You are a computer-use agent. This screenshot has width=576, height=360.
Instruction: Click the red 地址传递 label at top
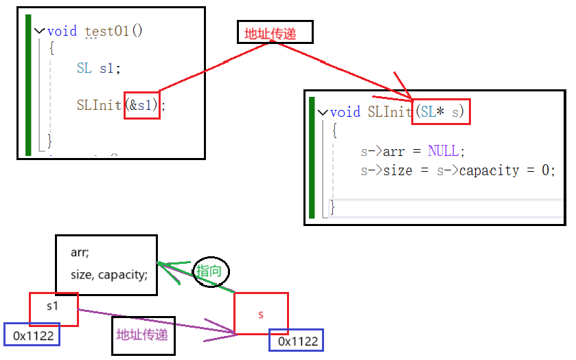(275, 32)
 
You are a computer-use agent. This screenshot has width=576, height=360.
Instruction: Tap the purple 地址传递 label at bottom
(143, 335)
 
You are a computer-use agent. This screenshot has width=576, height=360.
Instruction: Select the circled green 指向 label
(209, 271)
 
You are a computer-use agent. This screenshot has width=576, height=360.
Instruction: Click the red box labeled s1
(54, 308)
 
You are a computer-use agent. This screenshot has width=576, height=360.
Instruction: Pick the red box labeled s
(261, 314)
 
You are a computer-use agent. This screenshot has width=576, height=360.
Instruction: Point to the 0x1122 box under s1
(32, 335)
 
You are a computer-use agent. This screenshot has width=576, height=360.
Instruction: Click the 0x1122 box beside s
(295, 341)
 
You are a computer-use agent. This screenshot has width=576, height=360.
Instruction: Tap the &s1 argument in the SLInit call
(142, 105)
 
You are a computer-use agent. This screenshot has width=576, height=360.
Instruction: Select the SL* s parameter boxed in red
(441, 111)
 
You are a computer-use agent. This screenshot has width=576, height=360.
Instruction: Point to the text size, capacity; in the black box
(108, 275)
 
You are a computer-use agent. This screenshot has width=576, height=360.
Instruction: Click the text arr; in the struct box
(80, 252)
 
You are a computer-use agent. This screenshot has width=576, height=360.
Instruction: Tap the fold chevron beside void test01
(39, 31)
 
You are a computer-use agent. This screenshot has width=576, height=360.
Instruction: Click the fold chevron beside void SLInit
(322, 112)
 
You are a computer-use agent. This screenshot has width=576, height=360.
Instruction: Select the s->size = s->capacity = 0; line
(457, 170)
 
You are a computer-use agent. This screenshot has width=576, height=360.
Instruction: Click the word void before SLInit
(345, 112)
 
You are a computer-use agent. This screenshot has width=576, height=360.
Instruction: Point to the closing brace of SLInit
(333, 206)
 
